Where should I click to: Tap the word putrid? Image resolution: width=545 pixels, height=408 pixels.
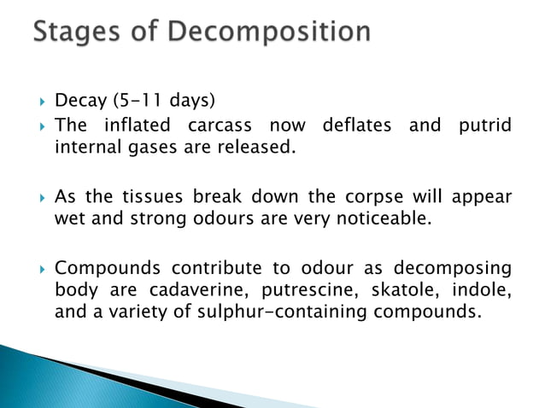484,126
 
